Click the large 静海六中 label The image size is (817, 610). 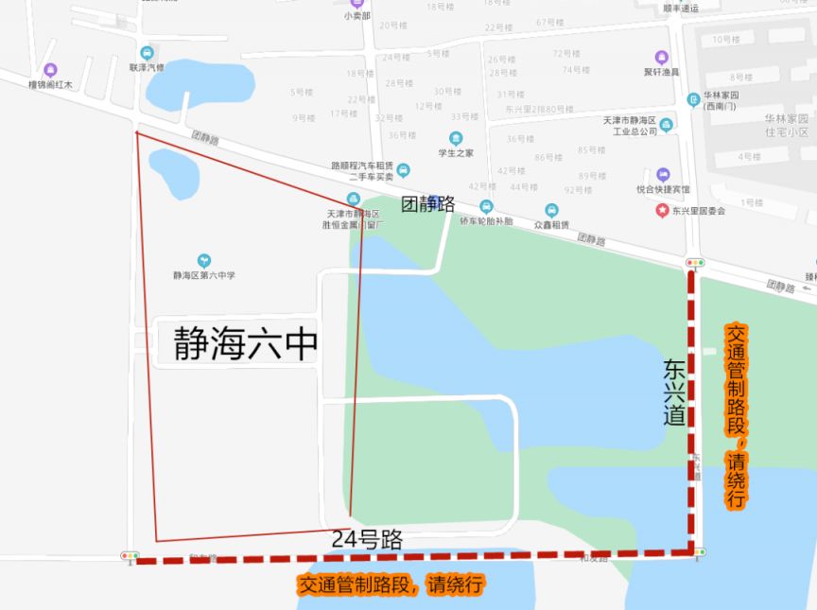(245, 345)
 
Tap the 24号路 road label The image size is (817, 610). (367, 539)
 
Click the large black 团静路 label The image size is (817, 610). (428, 203)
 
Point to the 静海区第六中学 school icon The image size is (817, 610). (203, 261)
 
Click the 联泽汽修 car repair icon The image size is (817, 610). (147, 53)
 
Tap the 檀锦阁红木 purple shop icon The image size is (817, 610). (50, 69)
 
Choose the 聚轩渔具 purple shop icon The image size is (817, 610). (662, 58)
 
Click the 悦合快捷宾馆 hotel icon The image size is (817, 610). (663, 175)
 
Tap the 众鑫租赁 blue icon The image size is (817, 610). (551, 210)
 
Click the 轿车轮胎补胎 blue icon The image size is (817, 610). (486, 206)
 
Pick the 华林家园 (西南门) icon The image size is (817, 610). (695, 97)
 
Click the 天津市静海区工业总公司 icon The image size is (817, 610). (667, 125)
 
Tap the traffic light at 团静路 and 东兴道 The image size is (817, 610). (695, 262)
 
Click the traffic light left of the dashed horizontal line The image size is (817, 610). (130, 555)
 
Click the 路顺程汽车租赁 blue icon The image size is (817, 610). (404, 170)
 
